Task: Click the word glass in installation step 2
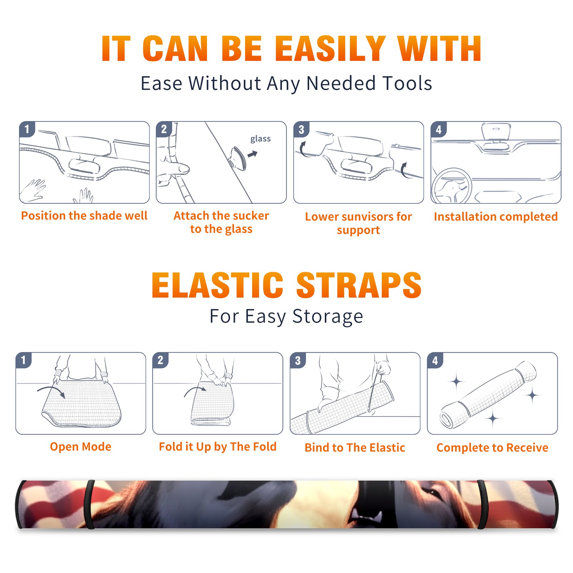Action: click(260, 139)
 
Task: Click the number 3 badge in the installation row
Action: click(302, 129)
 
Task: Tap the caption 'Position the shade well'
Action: click(84, 216)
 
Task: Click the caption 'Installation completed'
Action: click(496, 217)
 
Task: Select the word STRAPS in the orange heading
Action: click(359, 285)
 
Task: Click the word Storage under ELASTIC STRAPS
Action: click(328, 317)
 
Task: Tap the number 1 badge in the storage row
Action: click(24, 360)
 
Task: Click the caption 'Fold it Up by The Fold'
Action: click(218, 447)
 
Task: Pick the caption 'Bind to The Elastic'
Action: click(355, 448)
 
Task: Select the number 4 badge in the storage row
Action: click(435, 360)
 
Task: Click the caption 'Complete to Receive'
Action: click(492, 448)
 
